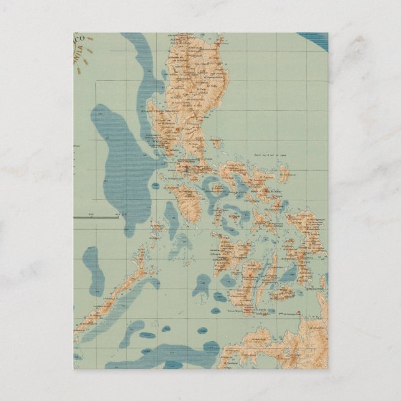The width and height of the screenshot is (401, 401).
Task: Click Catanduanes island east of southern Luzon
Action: tap(284, 172)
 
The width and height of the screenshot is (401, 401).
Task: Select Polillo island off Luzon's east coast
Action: tap(216, 143)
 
